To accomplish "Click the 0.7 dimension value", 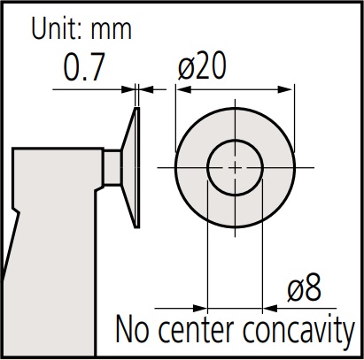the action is pos(84,67).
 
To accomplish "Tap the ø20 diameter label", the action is pos(202,65).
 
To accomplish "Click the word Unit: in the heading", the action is pos(57,28).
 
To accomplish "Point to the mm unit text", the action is pos(111,30).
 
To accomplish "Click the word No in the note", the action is pos(132,329).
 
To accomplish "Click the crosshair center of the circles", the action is pos(235,168).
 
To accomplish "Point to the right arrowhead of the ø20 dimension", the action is pos(285,89).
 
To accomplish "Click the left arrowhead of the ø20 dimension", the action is pos(183,89).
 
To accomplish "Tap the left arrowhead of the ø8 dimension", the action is pos(200,309).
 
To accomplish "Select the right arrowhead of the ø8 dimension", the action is pos(270,309).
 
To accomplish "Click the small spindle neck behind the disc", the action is pos(112,168).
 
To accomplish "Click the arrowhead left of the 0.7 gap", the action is pos(128,89).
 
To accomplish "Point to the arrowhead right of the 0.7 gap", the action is pos(146,89).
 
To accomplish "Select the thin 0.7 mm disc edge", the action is pos(137,167).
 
